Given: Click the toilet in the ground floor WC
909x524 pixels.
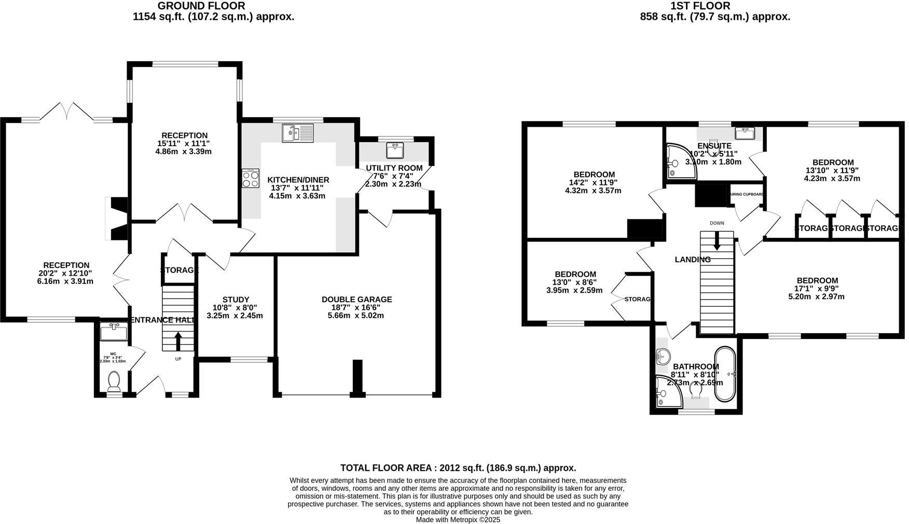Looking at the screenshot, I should (114, 382).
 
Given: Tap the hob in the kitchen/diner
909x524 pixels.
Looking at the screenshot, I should (251, 179).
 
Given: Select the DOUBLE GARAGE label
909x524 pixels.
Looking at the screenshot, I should (356, 300).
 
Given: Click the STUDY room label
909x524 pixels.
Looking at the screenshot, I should (236, 300).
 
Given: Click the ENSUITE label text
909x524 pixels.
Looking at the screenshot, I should (714, 146).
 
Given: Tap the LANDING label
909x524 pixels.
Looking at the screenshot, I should (692, 260).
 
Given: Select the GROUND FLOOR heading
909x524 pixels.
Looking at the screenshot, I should (201, 6).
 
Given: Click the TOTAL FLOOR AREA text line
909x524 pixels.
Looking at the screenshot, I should (458, 468).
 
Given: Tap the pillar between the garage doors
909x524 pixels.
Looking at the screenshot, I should (357, 377).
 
